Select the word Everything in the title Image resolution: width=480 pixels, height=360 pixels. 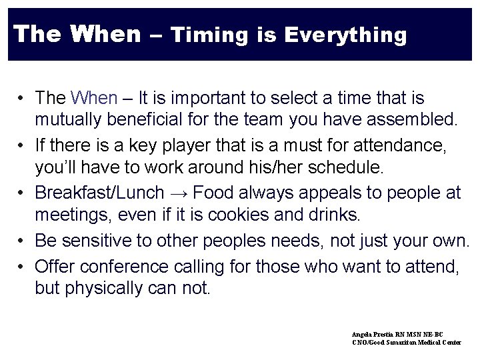pyautogui.click(x=345, y=35)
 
